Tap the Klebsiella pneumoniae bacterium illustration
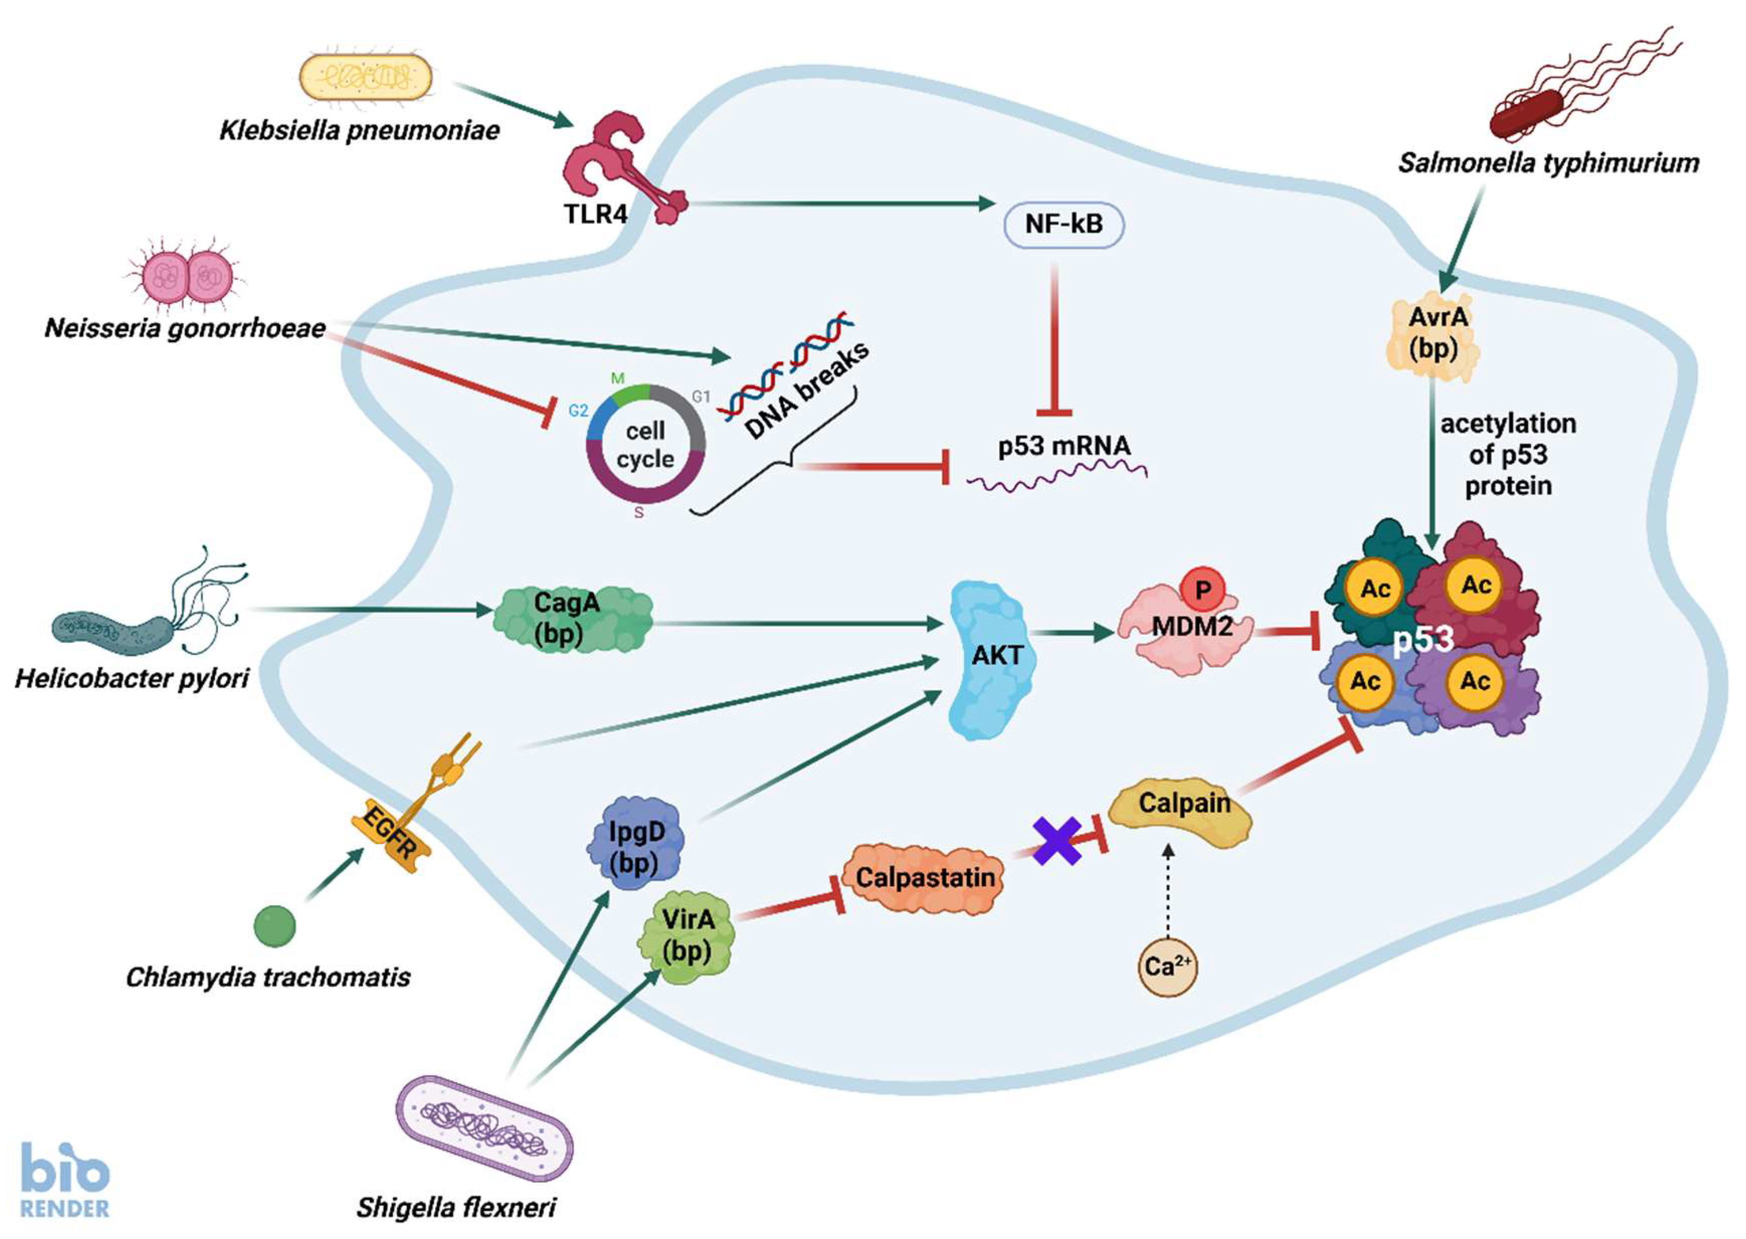click(x=366, y=77)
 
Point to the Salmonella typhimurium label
click(x=1548, y=162)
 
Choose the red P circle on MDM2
click(x=1203, y=589)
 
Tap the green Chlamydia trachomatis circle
click(x=274, y=926)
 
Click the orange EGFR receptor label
click(x=390, y=835)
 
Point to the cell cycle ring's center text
click(x=645, y=445)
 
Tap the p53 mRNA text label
click(x=1064, y=445)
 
